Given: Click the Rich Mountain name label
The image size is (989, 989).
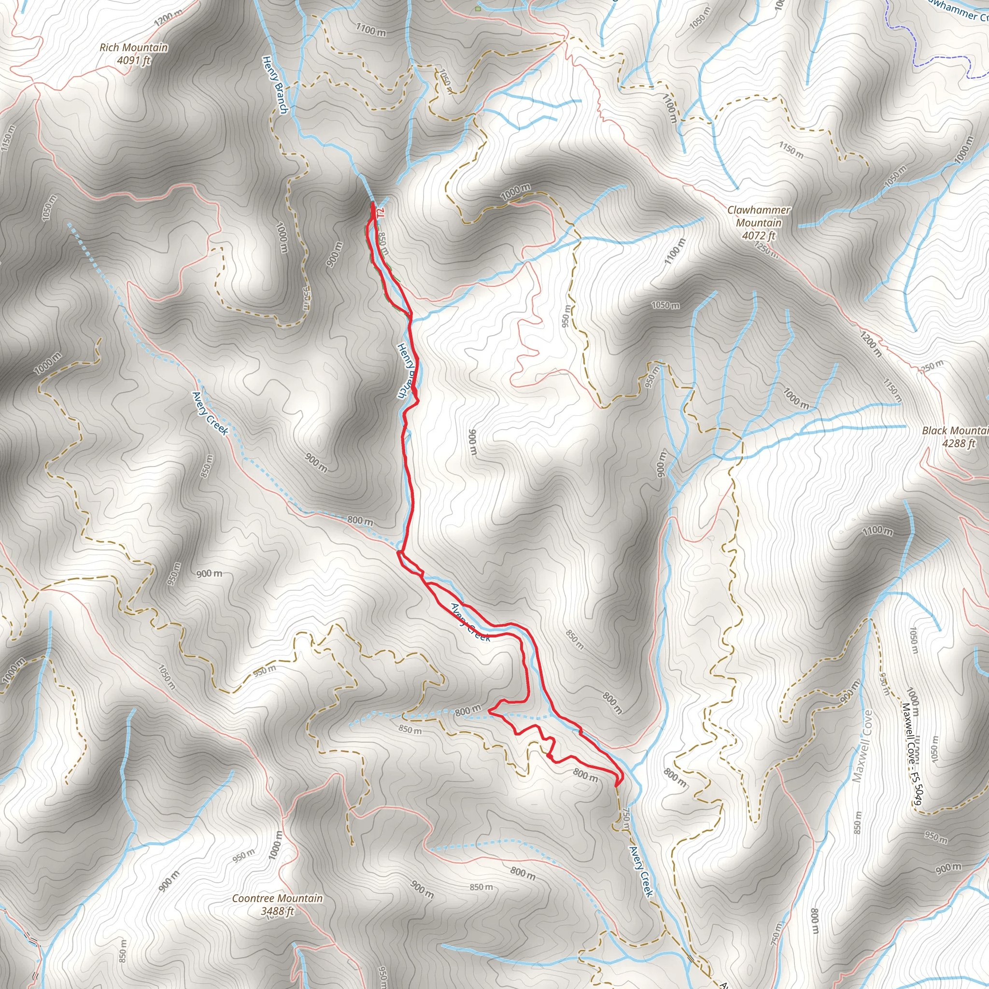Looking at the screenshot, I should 134,48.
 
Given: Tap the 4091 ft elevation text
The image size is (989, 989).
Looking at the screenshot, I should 134,60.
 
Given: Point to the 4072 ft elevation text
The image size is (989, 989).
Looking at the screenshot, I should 759,236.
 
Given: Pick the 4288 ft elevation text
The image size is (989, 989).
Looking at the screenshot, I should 959,443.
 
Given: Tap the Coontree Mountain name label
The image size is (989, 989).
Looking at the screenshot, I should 278,898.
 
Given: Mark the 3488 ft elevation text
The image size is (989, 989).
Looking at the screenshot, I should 278,911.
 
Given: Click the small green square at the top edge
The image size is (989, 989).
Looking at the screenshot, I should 478,9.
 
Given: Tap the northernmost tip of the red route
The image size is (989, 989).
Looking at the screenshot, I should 372,204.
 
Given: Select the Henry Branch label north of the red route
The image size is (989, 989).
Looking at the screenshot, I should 275,85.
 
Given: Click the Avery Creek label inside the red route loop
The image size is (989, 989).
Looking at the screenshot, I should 470,622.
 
